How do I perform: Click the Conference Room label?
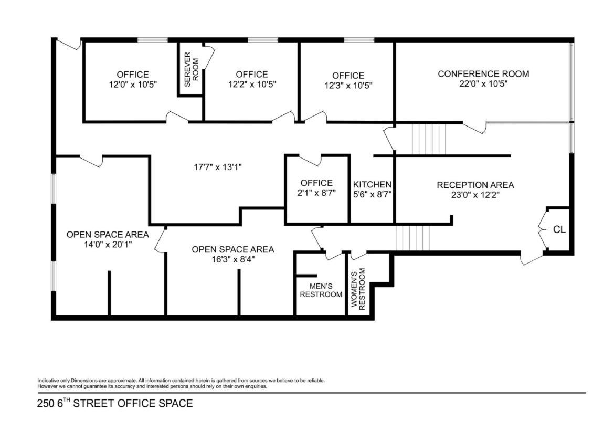coord(483,74)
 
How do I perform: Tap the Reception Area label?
coord(475,185)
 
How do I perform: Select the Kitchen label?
coord(372,185)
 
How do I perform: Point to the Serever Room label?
coord(192,69)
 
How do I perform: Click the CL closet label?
coord(559,229)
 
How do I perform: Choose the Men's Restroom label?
coord(321,290)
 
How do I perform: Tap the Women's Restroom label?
coord(358,289)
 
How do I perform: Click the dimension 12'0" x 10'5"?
coord(133,84)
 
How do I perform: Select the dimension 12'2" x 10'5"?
coord(252,84)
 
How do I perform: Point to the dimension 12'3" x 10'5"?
coord(348,86)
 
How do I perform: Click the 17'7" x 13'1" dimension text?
coord(218,167)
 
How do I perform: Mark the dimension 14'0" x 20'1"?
coord(108,245)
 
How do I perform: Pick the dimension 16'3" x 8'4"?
coord(233,259)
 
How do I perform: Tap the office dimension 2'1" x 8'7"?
coord(317,193)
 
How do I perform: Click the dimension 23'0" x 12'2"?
coord(475,195)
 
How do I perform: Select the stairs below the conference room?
coord(429,140)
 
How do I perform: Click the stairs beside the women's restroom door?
coord(413,238)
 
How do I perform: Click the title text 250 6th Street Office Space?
coord(115,403)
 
